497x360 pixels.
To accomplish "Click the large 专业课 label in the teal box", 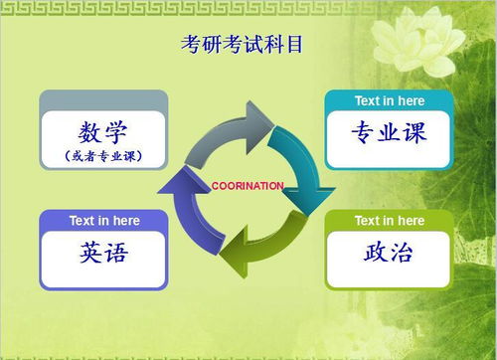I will [389, 132].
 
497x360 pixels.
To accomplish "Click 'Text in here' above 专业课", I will [389, 100].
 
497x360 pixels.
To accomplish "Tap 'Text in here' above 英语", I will [103, 220].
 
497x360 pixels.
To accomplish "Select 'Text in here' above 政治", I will [389, 220].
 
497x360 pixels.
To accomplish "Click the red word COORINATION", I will [248, 186].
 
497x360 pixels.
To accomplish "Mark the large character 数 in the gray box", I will [89, 132].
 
